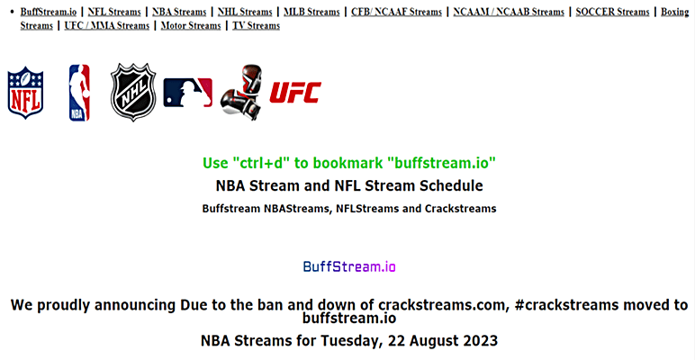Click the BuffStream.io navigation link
pos(49,13)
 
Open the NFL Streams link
pos(115,13)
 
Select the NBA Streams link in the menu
pos(180,13)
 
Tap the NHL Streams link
pos(245,13)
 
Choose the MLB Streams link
pos(311,13)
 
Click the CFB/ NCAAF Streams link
pos(397,13)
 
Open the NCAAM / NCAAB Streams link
pos(509,13)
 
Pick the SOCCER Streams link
pos(612,13)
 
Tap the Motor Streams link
pos(191,26)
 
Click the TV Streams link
pos(256,26)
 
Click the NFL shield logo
pos(25,91)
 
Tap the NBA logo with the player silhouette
pos(79,93)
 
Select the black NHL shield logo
pos(133,92)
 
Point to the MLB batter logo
pos(188,92)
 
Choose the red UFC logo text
pos(295,92)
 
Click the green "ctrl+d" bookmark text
pos(350,163)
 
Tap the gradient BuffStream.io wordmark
pos(349,266)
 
